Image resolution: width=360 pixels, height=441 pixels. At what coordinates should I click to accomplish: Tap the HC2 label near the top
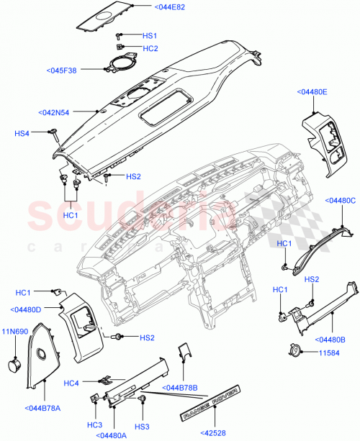(150, 48)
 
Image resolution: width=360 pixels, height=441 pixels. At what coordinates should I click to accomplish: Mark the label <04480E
(311, 92)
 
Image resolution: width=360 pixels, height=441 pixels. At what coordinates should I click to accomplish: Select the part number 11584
(333, 353)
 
